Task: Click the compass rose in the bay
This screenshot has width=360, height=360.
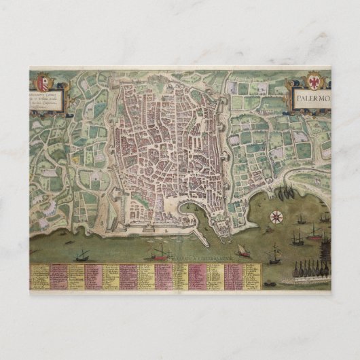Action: pos(276,217)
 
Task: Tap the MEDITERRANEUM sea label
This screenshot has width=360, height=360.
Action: pos(204,258)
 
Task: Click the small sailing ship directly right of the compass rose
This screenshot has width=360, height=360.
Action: pos(300,219)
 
